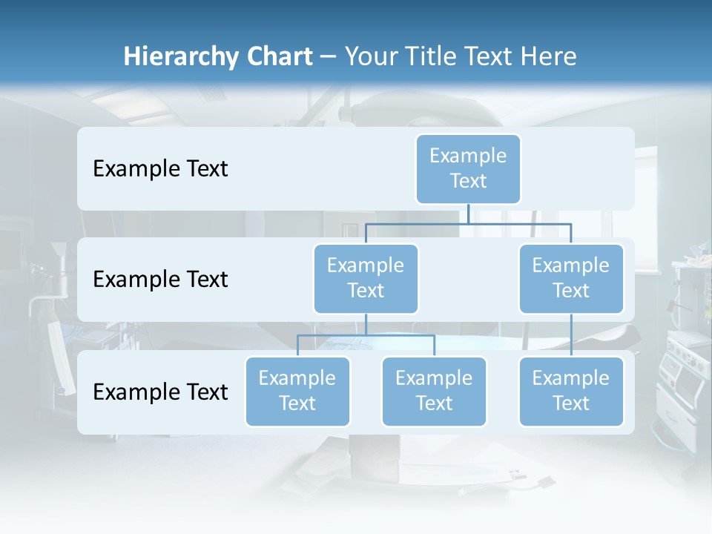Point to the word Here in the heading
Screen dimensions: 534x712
546,57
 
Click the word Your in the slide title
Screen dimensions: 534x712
371,57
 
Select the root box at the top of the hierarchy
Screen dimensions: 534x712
468,169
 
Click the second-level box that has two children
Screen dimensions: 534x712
366,279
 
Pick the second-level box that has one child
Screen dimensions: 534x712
571,279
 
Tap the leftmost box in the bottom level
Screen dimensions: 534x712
297,392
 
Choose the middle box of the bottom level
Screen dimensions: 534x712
434,392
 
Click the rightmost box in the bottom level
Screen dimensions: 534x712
571,392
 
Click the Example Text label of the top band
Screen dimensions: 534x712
160,169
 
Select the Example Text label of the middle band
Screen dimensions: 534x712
160,280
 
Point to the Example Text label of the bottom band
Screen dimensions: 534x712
160,392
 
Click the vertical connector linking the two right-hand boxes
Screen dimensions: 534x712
571,335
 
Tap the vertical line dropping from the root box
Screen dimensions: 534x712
468,214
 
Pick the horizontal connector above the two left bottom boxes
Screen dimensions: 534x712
366,335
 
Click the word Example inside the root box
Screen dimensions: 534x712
468,156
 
